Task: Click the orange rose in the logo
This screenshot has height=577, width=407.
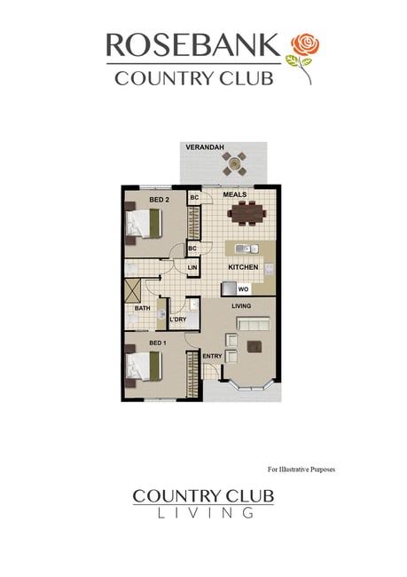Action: [305, 44]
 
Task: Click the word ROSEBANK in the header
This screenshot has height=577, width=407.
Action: [193, 45]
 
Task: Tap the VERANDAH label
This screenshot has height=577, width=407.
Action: [205, 147]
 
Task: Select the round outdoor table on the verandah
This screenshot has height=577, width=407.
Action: [234, 163]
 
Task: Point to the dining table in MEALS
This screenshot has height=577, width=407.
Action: [247, 213]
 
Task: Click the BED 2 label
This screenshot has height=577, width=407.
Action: [160, 200]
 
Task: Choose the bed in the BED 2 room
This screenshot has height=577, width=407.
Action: [144, 223]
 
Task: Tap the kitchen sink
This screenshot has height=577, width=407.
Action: [247, 249]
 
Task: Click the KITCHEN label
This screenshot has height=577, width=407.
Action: [243, 267]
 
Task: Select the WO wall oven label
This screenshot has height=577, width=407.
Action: [243, 289]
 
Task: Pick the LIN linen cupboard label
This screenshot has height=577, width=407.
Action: [192, 267]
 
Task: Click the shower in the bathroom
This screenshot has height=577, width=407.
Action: [133, 290]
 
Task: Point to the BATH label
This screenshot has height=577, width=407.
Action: [142, 308]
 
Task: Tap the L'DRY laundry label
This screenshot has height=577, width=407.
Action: [178, 320]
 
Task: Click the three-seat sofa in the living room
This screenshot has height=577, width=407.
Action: [253, 325]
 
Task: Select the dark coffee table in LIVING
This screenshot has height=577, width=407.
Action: [254, 346]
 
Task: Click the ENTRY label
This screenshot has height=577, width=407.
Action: [212, 356]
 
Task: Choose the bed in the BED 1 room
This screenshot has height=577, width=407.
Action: [144, 367]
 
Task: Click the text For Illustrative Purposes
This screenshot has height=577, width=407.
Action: [301, 470]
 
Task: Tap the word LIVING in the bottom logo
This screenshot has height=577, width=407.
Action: [206, 512]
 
